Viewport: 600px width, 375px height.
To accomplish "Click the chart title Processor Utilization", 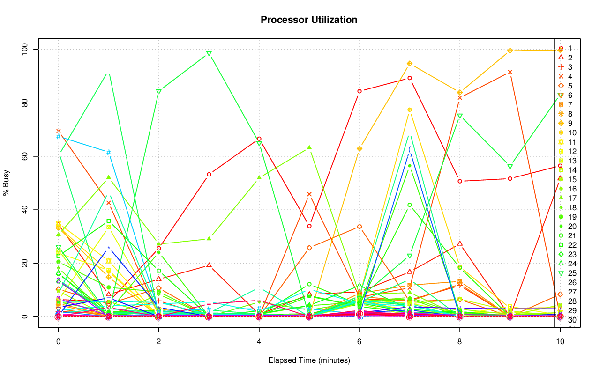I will (x=309, y=20).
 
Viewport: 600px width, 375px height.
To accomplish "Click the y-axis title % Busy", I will (x=7, y=183).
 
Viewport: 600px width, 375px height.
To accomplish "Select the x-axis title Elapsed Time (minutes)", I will (x=309, y=360).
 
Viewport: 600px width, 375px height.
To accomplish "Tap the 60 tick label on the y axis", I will (x=24, y=156).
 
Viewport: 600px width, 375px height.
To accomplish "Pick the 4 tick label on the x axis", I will (x=259, y=342).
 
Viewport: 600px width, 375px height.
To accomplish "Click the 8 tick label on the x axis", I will (x=459, y=342).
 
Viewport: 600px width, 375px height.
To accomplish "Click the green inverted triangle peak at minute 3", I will (x=209, y=54).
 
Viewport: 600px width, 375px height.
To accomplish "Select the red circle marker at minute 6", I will (x=360, y=91).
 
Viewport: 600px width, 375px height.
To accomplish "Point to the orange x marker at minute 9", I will (x=510, y=72).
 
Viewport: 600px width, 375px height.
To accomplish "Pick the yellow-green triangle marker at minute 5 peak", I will (x=309, y=147).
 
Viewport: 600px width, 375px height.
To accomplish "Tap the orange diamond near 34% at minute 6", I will (x=360, y=227).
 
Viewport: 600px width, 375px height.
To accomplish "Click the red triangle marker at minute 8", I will (x=460, y=243).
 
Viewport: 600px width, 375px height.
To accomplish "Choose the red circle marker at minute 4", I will (x=259, y=139).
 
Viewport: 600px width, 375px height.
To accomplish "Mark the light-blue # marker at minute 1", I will (x=108, y=152).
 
